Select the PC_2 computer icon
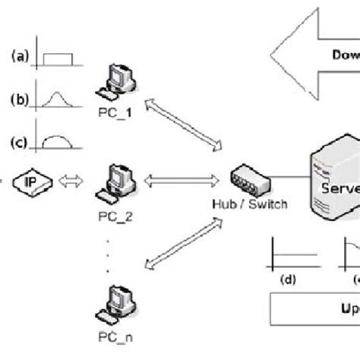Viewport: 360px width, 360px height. click(x=118, y=178)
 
